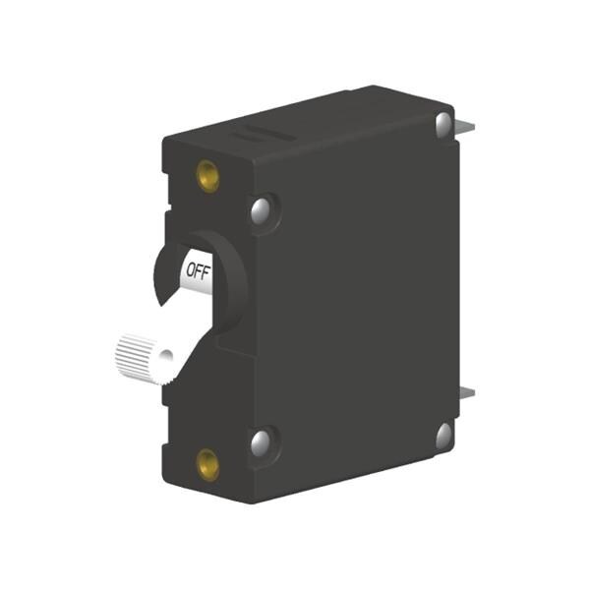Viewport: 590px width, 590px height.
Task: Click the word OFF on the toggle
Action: click(x=199, y=271)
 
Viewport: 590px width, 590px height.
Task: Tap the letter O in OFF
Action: click(x=191, y=269)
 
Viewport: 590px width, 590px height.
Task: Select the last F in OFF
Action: click(x=206, y=272)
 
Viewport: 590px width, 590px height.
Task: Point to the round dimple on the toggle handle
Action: click(x=166, y=356)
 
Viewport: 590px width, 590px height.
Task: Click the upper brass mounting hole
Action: click(x=208, y=176)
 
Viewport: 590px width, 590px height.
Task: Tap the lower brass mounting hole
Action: click(x=208, y=465)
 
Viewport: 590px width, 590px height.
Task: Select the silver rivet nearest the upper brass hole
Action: click(x=261, y=208)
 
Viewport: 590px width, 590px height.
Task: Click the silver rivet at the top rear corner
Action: click(x=444, y=124)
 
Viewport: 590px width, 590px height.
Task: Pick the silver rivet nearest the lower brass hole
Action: click(x=261, y=443)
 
